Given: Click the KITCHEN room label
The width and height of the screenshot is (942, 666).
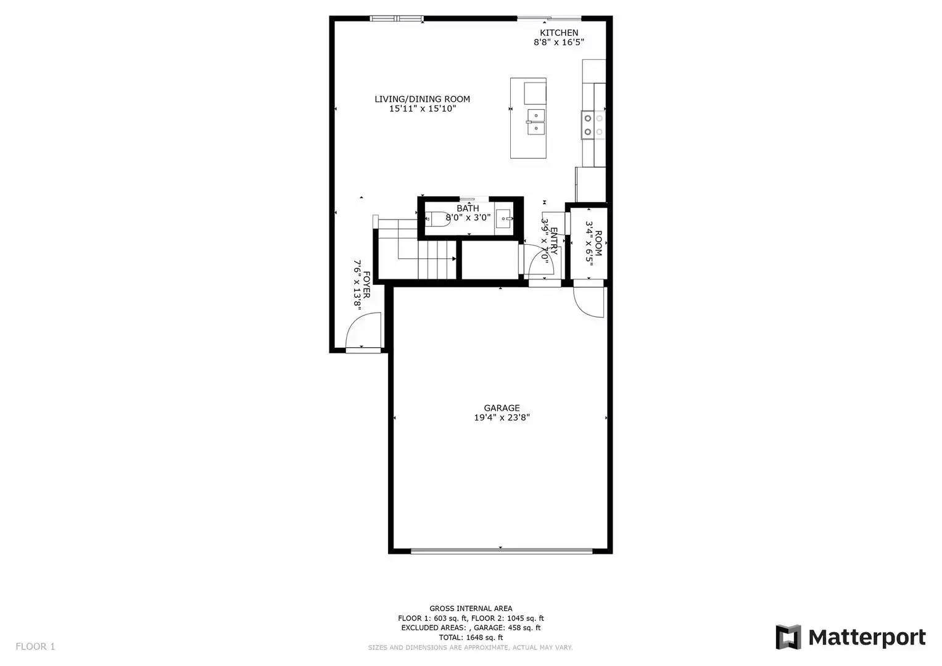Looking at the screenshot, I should pos(559,33).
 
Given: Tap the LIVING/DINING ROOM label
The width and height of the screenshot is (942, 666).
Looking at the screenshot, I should pos(422,99).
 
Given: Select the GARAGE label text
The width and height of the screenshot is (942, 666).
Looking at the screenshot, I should pos(502,408).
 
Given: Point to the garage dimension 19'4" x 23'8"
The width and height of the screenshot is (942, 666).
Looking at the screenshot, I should pos(502,417).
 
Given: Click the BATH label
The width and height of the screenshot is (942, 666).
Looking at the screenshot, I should pos(468,208).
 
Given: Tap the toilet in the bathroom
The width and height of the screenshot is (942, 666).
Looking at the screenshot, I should pos(437,218).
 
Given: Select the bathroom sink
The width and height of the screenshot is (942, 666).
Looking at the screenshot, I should pos(503,218).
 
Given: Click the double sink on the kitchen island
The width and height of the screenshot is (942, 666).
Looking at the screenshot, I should pos(535,121).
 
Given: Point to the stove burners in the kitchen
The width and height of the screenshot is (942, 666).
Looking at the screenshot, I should pos(593,125).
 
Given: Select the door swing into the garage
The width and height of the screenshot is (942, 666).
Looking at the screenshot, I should pos(588,302).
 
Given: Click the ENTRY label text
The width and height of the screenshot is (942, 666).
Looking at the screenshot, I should pos(553,241).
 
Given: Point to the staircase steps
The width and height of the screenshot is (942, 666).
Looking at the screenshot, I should pos(437,259).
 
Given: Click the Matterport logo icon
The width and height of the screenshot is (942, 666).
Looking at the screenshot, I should pos(788,637).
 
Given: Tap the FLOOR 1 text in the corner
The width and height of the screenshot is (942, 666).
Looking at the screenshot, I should pos(35,646).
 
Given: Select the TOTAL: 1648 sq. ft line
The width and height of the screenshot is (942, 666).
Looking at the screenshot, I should pos(471,638).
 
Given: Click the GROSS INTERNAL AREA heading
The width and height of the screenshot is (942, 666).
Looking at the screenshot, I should pos(471,609).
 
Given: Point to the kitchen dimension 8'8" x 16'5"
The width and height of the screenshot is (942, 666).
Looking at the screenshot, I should pos(559,43).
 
